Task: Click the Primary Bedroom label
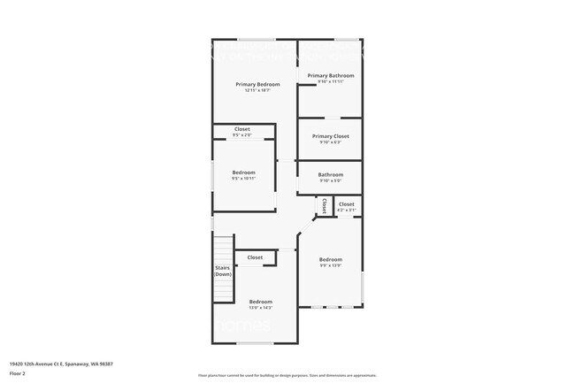(252, 84)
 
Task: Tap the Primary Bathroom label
(330, 76)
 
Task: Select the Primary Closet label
(330, 136)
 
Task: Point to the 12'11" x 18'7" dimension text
(252, 90)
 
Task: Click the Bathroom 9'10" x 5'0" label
(330, 174)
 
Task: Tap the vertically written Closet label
(325, 205)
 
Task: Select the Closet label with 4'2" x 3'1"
(346, 204)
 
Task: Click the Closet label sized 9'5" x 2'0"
(241, 129)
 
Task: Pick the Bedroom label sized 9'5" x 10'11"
(243, 172)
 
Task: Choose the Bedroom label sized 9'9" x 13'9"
(331, 260)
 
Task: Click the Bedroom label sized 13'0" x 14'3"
(260, 302)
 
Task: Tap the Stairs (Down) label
(223, 271)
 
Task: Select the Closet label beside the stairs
(255, 257)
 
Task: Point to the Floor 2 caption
(18, 374)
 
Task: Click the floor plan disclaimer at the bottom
(287, 374)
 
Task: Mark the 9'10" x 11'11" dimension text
(330, 82)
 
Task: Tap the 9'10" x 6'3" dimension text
(330, 142)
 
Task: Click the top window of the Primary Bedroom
(255, 39)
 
